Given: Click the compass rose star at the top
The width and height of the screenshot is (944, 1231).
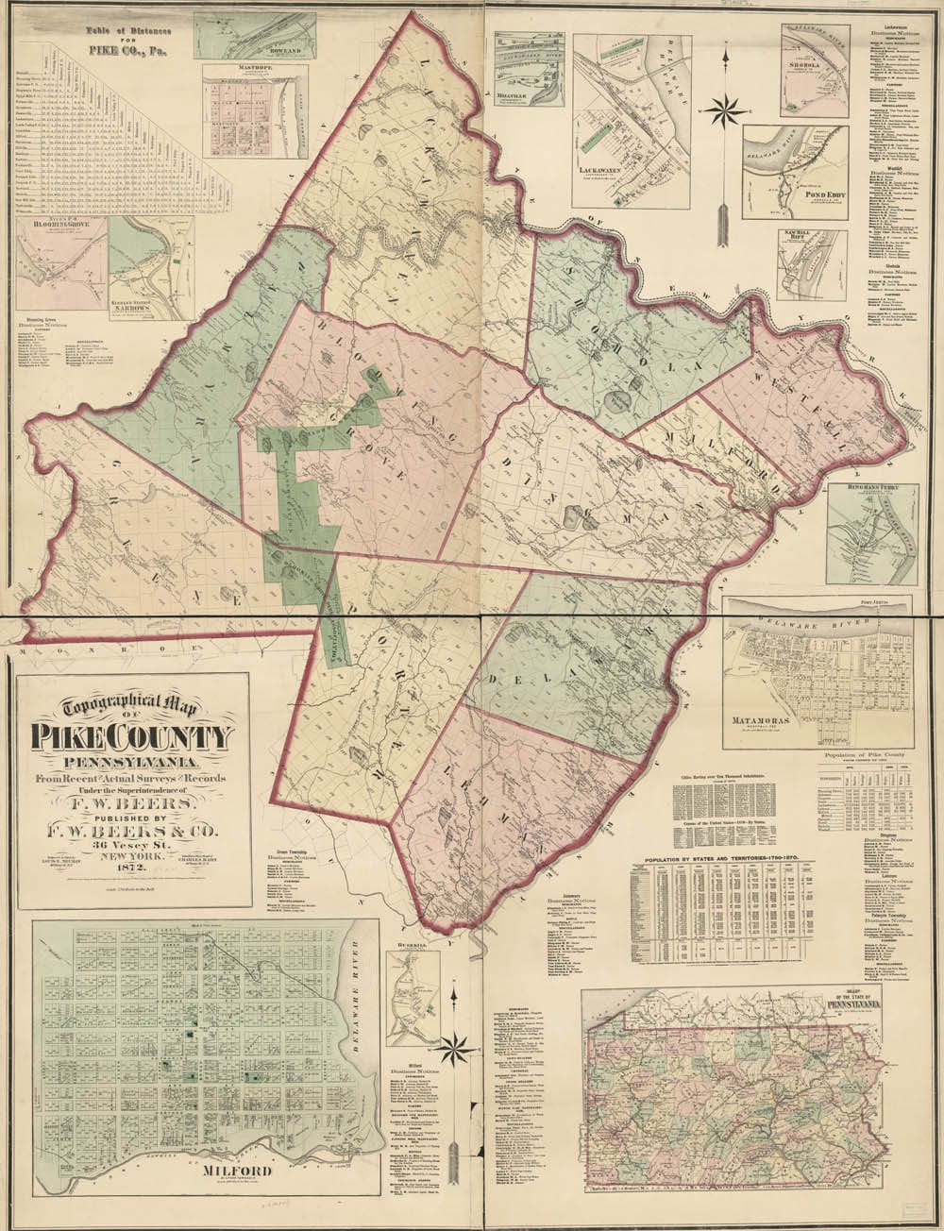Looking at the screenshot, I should click(723, 105).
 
